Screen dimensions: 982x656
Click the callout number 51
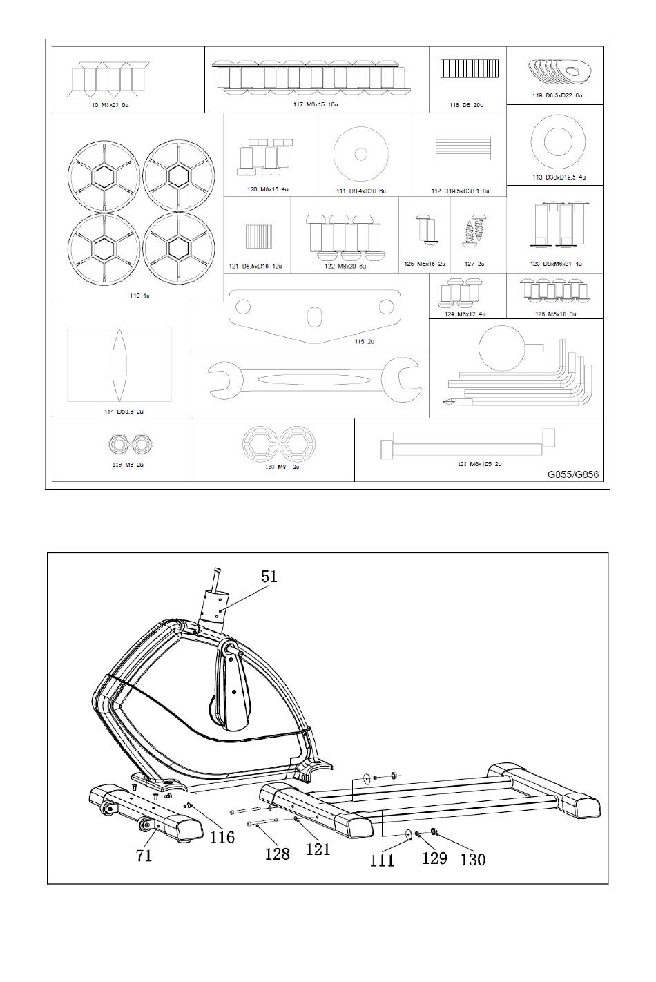point(269,575)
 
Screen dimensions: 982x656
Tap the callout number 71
point(144,856)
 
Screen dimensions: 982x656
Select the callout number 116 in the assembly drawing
point(222,837)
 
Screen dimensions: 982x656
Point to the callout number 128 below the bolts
point(278,854)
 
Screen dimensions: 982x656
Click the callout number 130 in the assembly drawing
point(472,860)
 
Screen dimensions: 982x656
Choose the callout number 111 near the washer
point(382,860)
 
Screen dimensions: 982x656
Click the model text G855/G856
point(572,474)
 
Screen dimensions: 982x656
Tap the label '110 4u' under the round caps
point(139,296)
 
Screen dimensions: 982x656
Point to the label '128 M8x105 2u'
point(479,464)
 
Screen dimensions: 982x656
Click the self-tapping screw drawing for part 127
point(473,232)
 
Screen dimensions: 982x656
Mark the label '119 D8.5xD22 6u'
point(557,95)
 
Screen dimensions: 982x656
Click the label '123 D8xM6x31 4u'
point(556,264)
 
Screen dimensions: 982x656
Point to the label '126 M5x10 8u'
point(555,314)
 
